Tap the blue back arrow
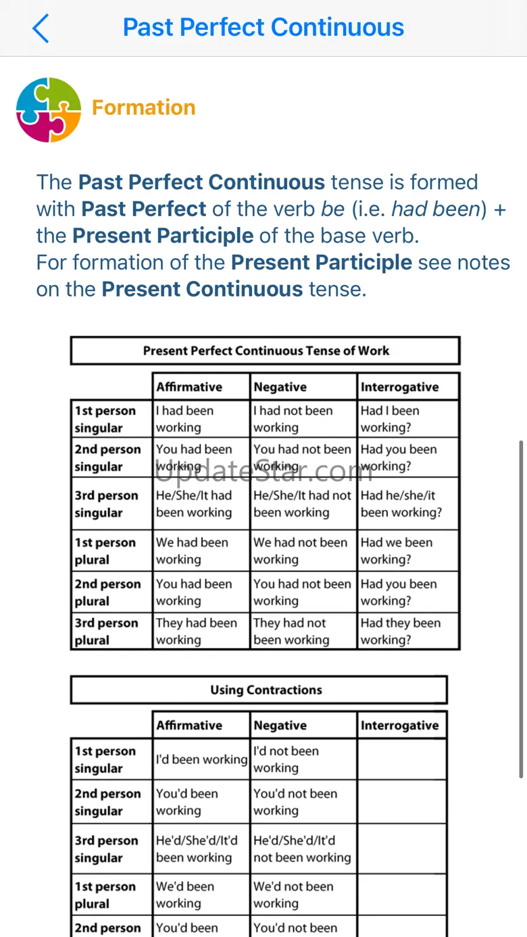pos(41,28)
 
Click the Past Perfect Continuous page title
pos(263,28)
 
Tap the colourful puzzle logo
pos(49,109)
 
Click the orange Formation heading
pos(143,107)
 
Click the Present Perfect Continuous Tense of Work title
pos(266,351)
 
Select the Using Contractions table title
pos(266,690)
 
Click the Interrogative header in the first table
pos(399,387)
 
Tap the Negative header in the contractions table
pos(280,726)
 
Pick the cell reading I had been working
pos(184,419)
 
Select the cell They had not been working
pos(291,631)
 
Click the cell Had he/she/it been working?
pos(401,504)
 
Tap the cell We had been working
pos(192,551)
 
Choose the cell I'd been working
pos(201,759)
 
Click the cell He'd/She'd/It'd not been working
pos(302,849)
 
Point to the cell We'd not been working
pos(293,894)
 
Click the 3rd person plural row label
pos(107,631)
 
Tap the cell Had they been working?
pos(400,631)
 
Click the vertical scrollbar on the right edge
pos(520,608)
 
